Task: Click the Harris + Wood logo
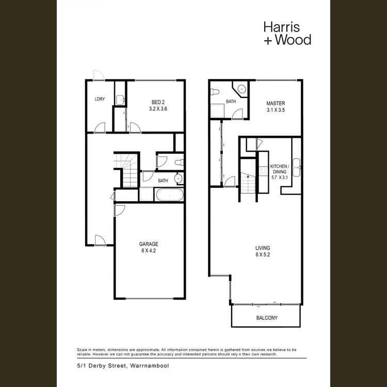(287, 33)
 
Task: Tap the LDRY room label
(100, 99)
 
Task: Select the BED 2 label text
(158, 101)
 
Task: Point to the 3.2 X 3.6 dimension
(158, 109)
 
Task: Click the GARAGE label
(148, 244)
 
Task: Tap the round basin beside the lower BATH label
(178, 179)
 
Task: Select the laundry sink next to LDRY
(120, 100)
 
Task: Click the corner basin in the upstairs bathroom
(241, 89)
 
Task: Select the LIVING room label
(262, 247)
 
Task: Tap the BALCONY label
(267, 318)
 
